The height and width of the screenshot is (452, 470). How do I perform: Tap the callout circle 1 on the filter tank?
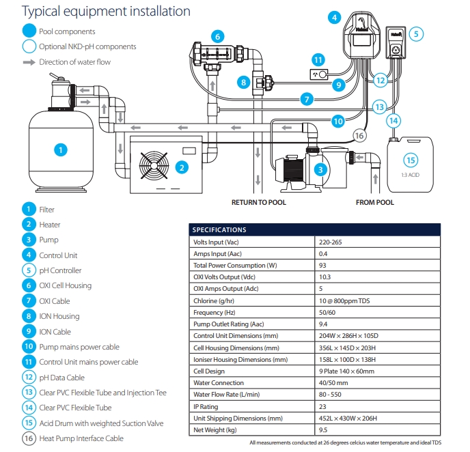point(61,149)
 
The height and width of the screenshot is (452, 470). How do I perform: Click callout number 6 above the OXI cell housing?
point(217,36)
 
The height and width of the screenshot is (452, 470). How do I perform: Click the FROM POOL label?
point(374,203)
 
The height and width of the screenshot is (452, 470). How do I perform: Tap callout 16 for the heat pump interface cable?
point(360,137)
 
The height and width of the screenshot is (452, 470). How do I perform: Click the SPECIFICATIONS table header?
point(219,230)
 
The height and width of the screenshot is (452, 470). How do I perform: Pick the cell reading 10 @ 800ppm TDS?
point(345,300)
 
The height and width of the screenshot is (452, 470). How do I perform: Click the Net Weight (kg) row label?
point(215,429)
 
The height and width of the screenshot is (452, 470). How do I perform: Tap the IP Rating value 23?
point(322,406)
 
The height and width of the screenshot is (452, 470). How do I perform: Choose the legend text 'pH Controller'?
point(60,270)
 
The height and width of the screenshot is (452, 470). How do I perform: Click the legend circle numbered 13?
point(28,393)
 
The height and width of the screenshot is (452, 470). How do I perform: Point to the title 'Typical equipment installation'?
point(96,11)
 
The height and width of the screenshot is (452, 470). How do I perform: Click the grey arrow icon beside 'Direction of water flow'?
point(28,62)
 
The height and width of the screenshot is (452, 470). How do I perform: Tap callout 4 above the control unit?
point(334,18)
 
